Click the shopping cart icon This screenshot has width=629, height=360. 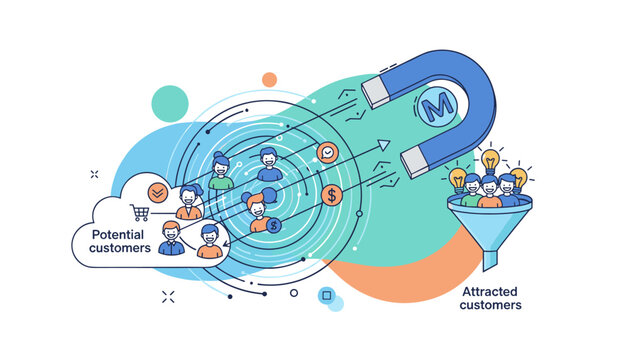(139, 212)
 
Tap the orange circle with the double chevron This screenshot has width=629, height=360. (156, 192)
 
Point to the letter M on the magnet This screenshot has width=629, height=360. (437, 105)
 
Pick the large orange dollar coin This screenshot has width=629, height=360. (330, 194)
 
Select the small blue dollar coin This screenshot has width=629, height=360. (273, 226)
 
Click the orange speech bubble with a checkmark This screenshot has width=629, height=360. (326, 153)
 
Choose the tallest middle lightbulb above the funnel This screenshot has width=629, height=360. (490, 159)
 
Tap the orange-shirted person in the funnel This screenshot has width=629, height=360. (489, 191)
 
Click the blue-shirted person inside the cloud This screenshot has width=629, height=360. (170, 239)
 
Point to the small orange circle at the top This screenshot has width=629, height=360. (269, 79)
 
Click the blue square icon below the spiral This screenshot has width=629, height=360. (324, 295)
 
